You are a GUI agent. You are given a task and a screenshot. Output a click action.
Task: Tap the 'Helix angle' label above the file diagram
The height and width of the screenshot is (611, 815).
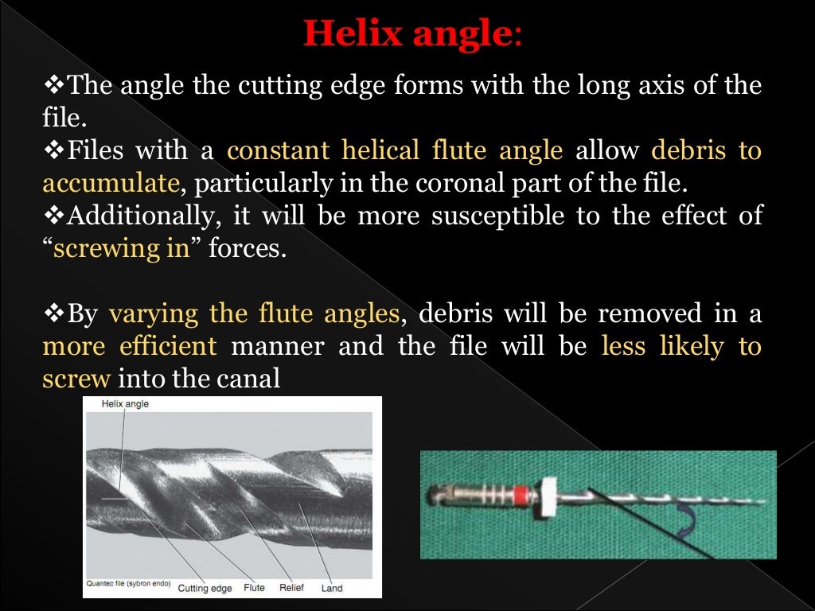click(125, 404)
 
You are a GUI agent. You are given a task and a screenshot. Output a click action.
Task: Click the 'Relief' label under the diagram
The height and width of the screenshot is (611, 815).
click(292, 588)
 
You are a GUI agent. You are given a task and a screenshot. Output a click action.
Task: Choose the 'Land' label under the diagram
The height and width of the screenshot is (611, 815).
click(332, 588)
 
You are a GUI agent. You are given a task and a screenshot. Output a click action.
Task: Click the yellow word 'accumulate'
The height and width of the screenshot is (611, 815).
click(110, 183)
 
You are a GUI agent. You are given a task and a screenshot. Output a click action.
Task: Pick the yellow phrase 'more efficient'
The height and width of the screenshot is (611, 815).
click(129, 346)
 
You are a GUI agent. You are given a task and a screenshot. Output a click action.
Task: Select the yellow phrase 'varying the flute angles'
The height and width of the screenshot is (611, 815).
click(253, 313)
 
